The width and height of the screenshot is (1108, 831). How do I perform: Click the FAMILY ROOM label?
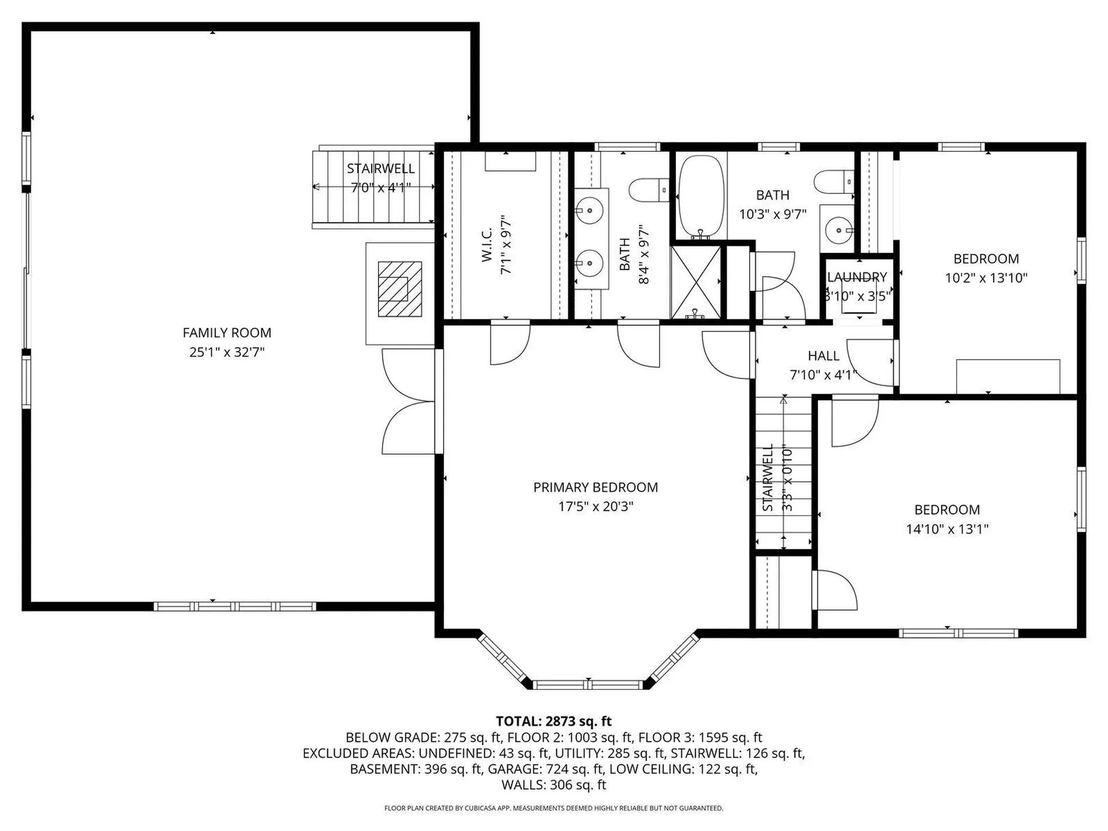227,333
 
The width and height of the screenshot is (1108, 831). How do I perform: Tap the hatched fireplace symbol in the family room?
399,289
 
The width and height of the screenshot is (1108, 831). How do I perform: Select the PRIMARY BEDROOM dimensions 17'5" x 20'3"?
596,507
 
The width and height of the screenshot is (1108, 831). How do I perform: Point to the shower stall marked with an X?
696,282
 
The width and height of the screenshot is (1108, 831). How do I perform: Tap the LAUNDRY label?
857,278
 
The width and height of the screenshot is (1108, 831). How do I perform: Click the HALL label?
823,356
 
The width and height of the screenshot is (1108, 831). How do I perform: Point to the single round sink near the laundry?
837,231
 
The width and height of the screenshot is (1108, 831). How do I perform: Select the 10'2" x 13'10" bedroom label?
986,259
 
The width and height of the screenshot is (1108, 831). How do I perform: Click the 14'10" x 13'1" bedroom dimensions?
947,529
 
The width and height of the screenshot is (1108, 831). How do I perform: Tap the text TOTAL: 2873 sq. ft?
553,721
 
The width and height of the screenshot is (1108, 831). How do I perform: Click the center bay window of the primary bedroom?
587,685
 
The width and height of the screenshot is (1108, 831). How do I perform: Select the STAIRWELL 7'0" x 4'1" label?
380,169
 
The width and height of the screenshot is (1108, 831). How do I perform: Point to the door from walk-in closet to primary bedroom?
509,344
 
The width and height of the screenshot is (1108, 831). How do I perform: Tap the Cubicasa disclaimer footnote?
553,808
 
